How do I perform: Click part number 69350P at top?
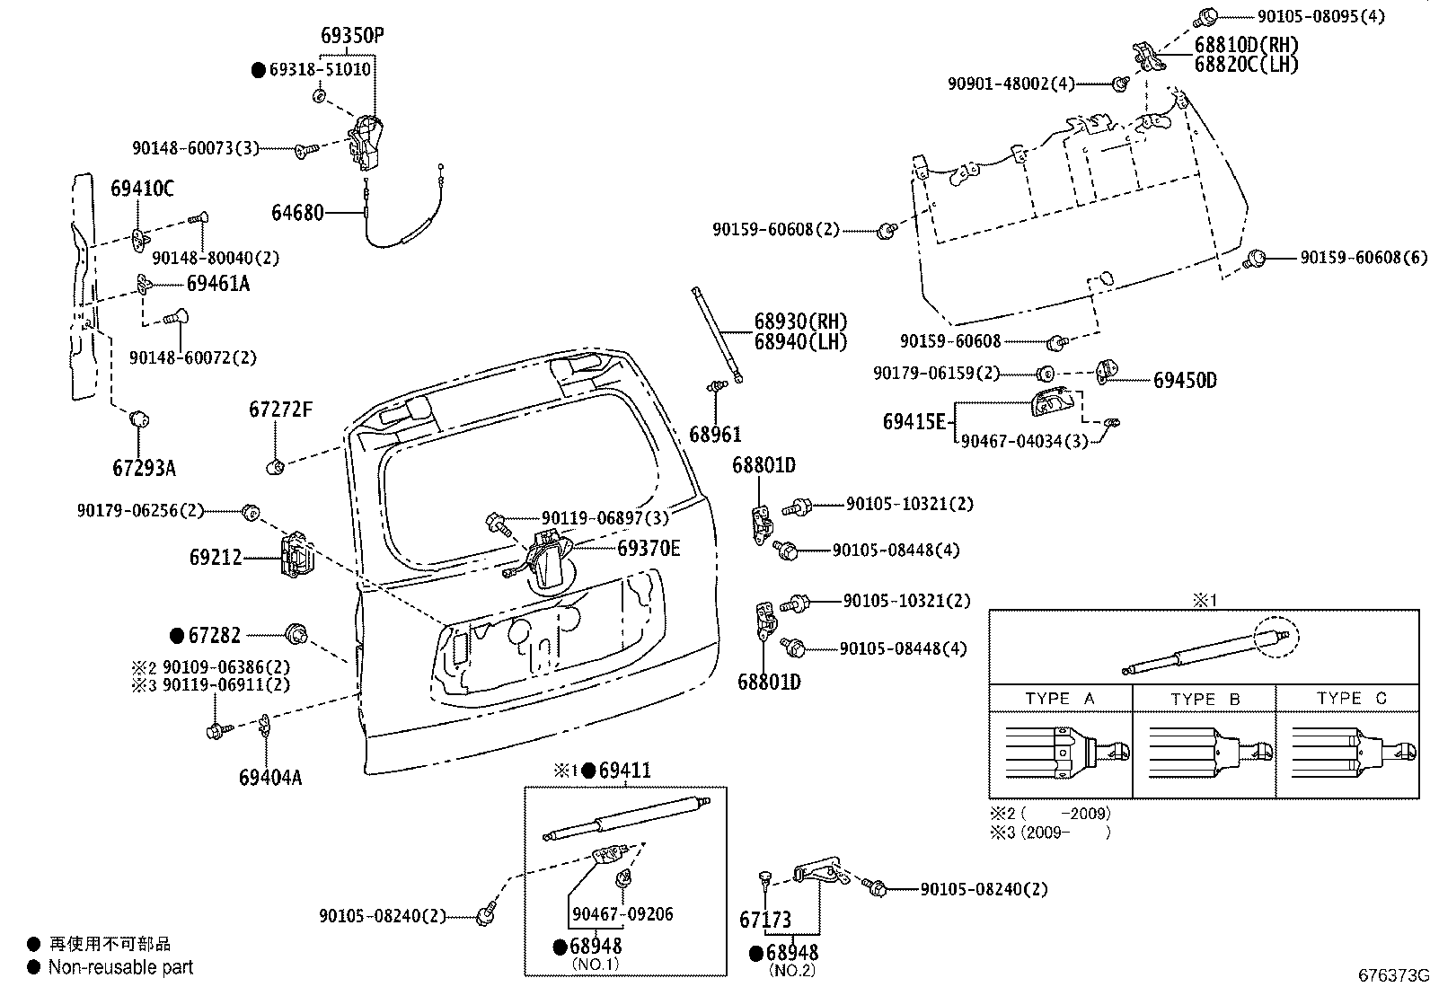[352, 36]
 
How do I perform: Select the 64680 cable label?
[297, 213]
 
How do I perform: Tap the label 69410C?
[142, 189]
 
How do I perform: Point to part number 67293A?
[144, 468]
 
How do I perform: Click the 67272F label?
[280, 410]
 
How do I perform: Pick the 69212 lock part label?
[216, 558]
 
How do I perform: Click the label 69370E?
[648, 548]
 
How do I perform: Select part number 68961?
[715, 435]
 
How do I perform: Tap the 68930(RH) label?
[800, 322]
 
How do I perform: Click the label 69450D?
[1185, 380]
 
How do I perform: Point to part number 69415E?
[914, 421]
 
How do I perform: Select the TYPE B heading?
[1205, 699]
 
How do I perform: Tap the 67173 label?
[765, 920]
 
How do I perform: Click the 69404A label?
[270, 777]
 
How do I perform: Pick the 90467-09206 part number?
[622, 914]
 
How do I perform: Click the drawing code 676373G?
[1392, 975]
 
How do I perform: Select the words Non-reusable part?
[120, 967]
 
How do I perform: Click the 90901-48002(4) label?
[1011, 84]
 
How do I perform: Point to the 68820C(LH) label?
[1246, 64]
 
